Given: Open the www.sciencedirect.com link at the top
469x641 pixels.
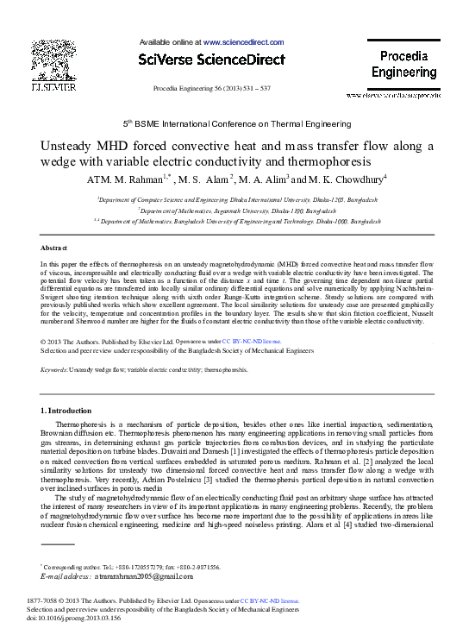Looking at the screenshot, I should tap(243, 41).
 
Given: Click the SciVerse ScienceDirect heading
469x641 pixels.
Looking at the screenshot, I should tap(211, 60).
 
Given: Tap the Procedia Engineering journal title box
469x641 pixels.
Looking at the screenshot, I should tap(404, 64).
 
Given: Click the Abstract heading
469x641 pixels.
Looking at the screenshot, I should tap(54, 247).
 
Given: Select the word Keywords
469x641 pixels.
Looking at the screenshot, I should tap(54, 369).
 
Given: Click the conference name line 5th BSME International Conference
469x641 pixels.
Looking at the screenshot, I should tap(234, 124).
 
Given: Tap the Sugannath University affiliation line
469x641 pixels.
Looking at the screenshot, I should tap(234, 209).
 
